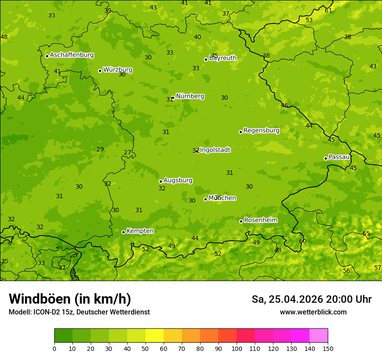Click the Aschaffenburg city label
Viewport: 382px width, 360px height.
coord(72,55)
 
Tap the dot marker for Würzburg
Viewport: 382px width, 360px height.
coord(100,71)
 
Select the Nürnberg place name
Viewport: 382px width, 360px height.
coord(190,96)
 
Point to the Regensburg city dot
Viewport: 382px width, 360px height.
coord(240,132)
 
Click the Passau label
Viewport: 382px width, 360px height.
coord(339,157)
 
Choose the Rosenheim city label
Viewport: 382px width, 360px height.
coord(260,220)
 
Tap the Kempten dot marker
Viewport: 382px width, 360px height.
coord(123,232)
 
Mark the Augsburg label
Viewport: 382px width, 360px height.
coord(178,180)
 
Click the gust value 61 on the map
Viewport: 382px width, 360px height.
coord(328,10)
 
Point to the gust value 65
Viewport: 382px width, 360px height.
coord(366,233)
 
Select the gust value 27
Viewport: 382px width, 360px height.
coord(127,152)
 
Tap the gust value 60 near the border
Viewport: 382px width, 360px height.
coord(303,241)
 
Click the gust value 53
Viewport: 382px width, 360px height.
coord(309,20)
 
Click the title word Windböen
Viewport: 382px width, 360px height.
coord(40,299)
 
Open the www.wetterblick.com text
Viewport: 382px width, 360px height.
coord(313,312)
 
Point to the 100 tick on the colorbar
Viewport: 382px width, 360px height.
coord(237,348)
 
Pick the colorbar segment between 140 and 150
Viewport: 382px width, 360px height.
coord(319,336)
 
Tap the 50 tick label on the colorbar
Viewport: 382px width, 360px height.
coord(145,348)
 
